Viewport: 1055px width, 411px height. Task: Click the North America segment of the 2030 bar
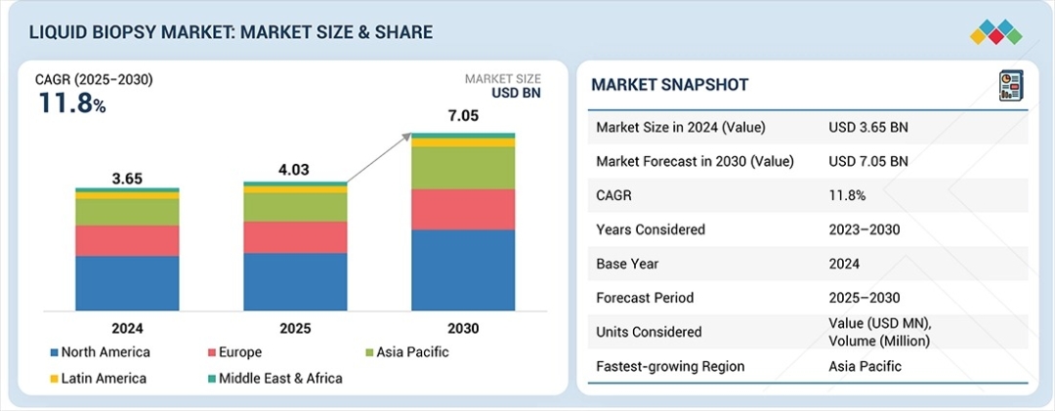pyautogui.click(x=462, y=269)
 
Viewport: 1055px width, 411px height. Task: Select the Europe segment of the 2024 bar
pyautogui.click(x=127, y=240)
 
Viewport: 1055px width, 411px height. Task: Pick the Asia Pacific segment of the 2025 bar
pyautogui.click(x=295, y=207)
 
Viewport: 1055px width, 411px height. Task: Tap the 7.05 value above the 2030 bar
pyautogui.click(x=462, y=117)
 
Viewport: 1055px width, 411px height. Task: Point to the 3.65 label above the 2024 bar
pyautogui.click(x=127, y=178)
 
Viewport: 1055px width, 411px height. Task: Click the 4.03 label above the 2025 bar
pyautogui.click(x=295, y=170)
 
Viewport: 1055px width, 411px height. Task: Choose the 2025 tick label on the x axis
pyautogui.click(x=295, y=328)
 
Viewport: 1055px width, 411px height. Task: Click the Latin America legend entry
pyautogui.click(x=97, y=378)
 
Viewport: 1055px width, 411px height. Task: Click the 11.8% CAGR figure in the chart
pyautogui.click(x=71, y=103)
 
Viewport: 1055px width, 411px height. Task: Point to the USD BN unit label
pyautogui.click(x=515, y=94)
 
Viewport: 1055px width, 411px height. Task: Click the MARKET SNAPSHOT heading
pyautogui.click(x=670, y=85)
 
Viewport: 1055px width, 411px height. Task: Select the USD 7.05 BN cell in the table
pyautogui.click(x=867, y=161)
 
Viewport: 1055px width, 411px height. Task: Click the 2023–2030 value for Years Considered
pyautogui.click(x=864, y=229)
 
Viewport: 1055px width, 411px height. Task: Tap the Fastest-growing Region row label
pyautogui.click(x=670, y=366)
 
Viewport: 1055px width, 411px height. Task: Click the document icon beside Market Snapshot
pyautogui.click(x=1009, y=85)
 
